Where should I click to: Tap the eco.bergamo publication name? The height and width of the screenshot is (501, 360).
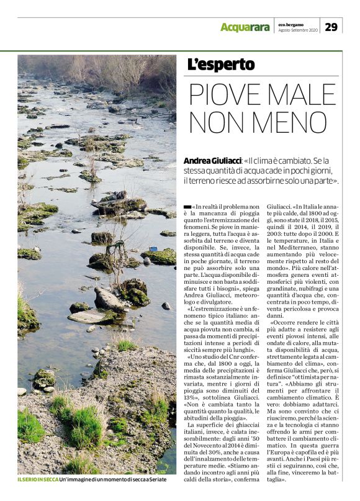pos(290,24)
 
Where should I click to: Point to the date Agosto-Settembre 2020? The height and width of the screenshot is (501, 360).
pos(298,30)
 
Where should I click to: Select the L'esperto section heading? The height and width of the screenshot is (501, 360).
pos(221,65)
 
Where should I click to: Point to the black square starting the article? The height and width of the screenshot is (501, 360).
pos(187,205)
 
